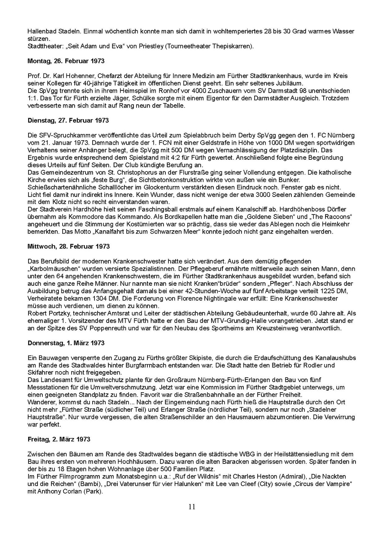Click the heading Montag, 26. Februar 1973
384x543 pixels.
coord(66,61)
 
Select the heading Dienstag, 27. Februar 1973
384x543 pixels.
coord(68,120)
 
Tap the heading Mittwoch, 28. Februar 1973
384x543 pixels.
coord(69,246)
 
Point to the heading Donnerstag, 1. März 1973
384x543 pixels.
coord(66,343)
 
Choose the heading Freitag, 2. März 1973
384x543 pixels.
coord(59,439)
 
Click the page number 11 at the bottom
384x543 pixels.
coord(192,507)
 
